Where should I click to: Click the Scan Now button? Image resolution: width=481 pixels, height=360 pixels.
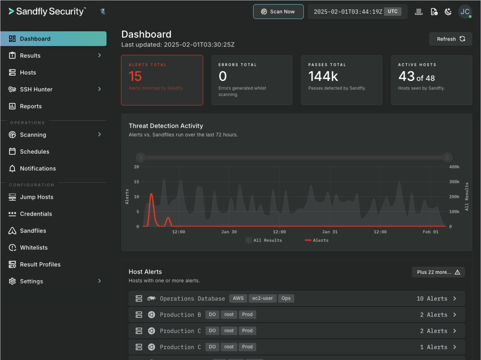tap(278, 12)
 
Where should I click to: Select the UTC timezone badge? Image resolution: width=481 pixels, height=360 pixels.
tap(392, 12)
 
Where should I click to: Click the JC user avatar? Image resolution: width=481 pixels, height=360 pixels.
tap(465, 12)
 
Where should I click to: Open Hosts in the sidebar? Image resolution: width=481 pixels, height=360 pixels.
tap(28, 73)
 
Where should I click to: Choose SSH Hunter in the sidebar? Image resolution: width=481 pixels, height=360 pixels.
tap(36, 89)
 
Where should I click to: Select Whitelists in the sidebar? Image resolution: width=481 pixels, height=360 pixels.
tap(34, 248)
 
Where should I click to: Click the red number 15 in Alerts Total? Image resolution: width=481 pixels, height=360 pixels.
tap(135, 76)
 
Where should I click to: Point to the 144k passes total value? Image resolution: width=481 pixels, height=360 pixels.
tap(323, 76)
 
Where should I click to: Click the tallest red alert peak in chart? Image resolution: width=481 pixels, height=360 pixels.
tap(151, 194)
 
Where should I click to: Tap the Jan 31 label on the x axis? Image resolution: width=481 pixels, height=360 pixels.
tap(329, 232)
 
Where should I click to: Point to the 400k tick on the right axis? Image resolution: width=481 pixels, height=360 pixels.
tap(454, 167)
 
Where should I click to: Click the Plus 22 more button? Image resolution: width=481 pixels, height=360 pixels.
tap(438, 272)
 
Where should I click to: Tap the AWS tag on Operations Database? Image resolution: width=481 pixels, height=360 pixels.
tap(238, 299)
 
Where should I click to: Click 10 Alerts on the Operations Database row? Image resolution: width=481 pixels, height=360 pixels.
tap(432, 299)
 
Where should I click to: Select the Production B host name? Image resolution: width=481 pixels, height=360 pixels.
tap(180, 315)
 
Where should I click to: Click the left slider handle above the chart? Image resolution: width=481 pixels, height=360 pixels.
tap(140, 158)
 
